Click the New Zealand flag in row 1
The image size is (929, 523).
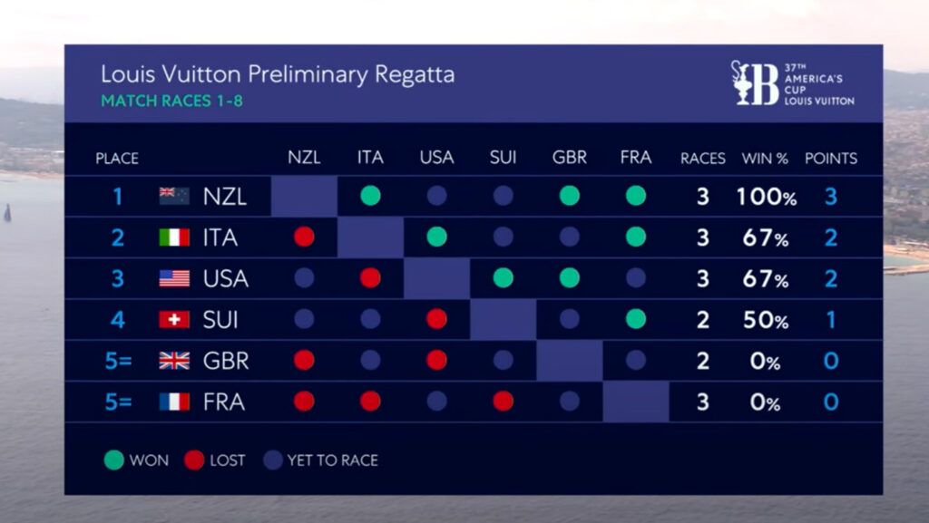tap(174, 196)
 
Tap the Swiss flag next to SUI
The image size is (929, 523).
tap(174, 319)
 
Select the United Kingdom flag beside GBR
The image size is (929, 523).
tap(174, 361)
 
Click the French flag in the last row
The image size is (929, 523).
tap(174, 402)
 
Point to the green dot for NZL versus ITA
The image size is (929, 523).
tap(370, 196)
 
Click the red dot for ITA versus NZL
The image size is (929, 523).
tap(304, 237)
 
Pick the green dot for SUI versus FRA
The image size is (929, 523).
tap(636, 319)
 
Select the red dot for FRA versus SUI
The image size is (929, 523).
tap(503, 402)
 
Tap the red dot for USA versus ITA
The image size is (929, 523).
tap(370, 278)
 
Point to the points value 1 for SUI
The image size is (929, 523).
tap(831, 320)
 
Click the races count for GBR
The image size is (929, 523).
tap(702, 361)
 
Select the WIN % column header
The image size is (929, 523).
tap(765, 158)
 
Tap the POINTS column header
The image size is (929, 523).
tap(830, 158)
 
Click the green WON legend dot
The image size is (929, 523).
tap(113, 460)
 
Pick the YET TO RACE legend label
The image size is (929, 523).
tap(332, 460)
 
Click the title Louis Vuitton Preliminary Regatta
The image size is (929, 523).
tap(277, 73)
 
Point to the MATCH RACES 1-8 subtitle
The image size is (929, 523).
tap(171, 100)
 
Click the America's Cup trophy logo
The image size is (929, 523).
tap(754, 82)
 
